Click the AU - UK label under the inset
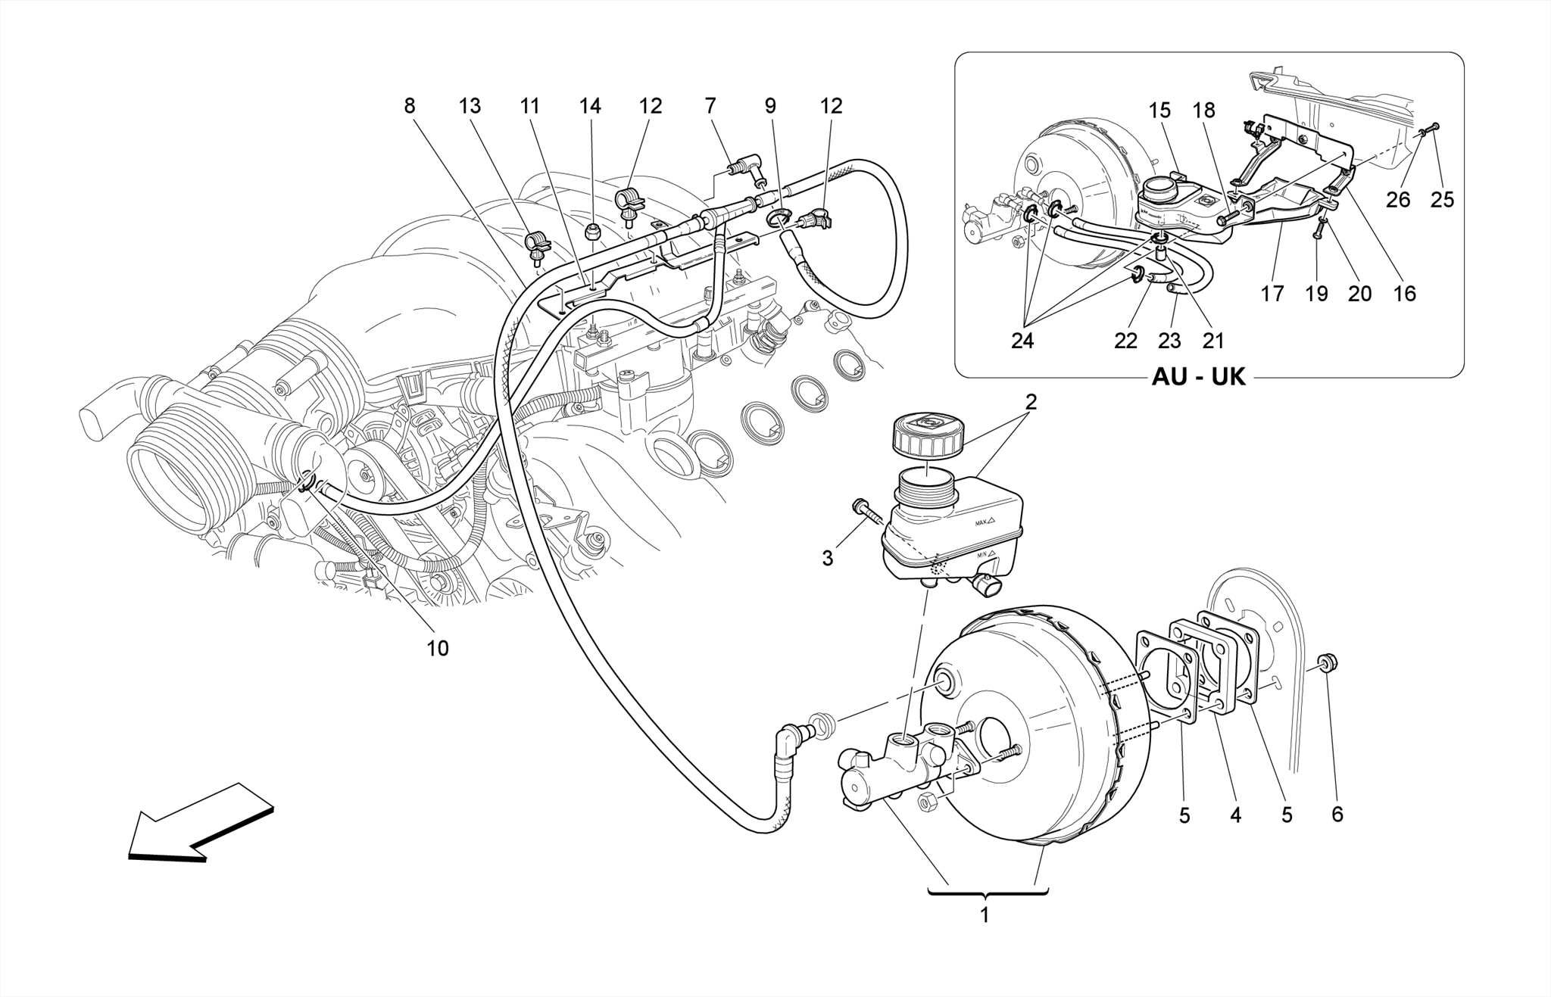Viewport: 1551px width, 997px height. [x=1198, y=377]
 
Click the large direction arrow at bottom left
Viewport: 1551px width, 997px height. [x=198, y=821]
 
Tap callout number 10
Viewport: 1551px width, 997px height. [x=438, y=648]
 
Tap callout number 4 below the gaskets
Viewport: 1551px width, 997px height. [x=1236, y=815]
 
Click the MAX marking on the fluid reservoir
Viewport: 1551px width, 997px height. [x=984, y=522]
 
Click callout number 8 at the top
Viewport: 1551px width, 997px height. [x=410, y=106]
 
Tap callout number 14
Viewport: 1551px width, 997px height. [x=590, y=106]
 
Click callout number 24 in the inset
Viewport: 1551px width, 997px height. [x=1022, y=341]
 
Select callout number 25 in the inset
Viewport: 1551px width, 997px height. [x=1442, y=199]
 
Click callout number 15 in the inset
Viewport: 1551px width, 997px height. [x=1159, y=111]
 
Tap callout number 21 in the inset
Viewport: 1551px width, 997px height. [x=1213, y=341]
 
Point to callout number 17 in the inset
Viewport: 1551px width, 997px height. [x=1272, y=294]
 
